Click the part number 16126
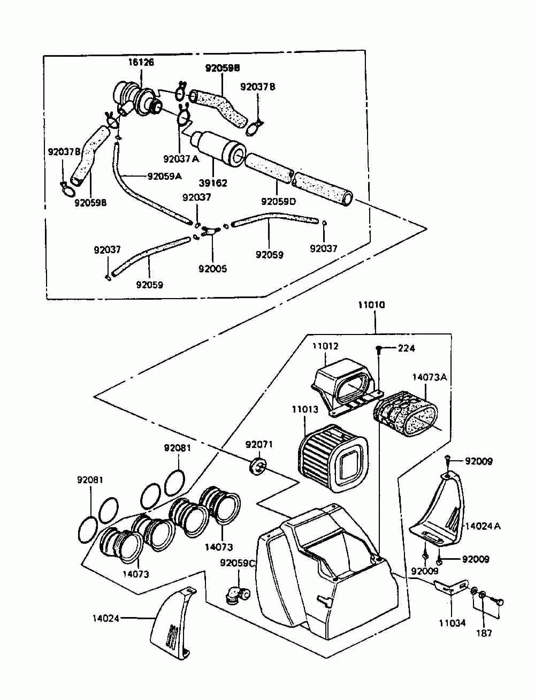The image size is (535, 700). click(141, 62)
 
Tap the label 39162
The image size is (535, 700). click(213, 183)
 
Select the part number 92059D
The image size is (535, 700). click(278, 202)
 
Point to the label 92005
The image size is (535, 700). click(212, 269)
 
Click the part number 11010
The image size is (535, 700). click(371, 305)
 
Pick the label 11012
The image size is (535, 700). click(325, 346)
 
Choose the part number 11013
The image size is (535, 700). click(305, 409)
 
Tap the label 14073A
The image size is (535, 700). click(430, 377)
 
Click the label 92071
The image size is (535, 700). click(259, 444)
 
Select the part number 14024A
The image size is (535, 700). click(483, 526)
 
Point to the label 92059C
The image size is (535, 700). click(238, 563)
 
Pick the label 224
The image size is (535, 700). click(406, 348)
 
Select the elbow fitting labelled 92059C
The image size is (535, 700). click(238, 595)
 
